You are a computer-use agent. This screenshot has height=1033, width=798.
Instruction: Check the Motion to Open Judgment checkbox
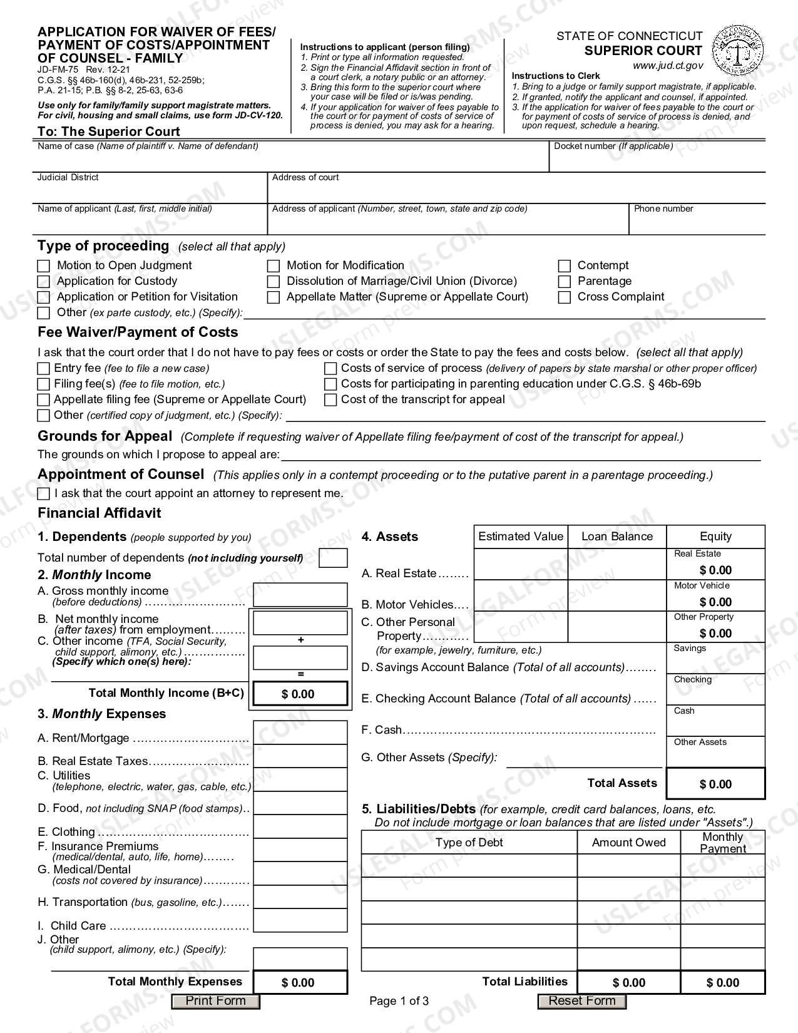click(43, 266)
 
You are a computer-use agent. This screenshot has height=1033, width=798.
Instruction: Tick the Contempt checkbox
click(564, 266)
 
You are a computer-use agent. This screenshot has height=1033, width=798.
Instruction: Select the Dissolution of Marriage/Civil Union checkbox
click(273, 282)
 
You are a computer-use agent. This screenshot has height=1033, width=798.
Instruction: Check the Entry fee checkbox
click(43, 369)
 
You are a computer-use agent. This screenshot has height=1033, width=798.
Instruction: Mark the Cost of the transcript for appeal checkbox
click(330, 400)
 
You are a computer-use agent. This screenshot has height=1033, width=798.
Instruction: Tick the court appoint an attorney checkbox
click(43, 494)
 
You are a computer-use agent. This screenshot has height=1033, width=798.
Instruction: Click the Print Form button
click(215, 1001)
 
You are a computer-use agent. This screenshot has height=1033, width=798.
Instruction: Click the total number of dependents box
click(333, 558)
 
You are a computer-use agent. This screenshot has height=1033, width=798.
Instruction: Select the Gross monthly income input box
click(300, 595)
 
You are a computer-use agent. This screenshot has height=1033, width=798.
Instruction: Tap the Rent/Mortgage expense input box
click(300, 732)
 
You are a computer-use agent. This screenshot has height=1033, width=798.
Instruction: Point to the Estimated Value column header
click(521, 537)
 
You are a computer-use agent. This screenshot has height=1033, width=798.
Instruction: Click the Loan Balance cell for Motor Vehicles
click(616, 596)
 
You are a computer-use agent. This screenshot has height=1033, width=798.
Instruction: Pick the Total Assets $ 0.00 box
click(715, 784)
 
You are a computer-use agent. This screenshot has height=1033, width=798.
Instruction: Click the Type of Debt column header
click(469, 843)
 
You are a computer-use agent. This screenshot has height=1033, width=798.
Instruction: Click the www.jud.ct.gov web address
click(667, 66)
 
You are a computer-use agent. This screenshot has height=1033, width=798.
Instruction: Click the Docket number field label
click(613, 146)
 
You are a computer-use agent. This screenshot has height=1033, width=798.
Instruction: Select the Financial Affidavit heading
click(99, 513)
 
